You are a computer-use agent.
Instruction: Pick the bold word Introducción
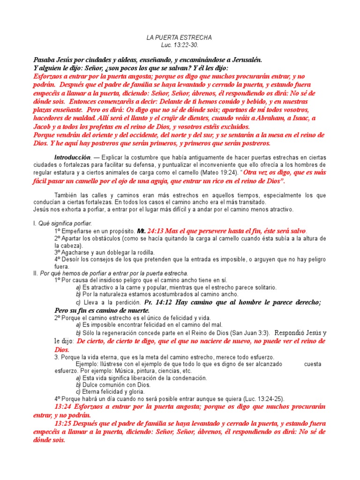coord(72,157)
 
